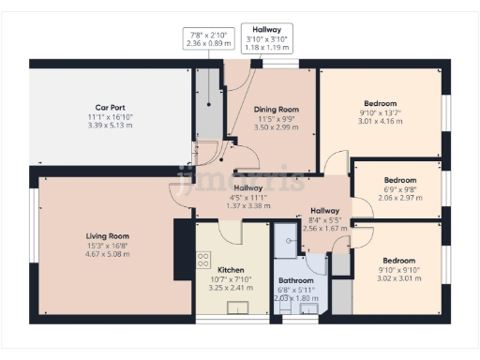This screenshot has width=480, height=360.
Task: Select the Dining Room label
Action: click(x=277, y=108)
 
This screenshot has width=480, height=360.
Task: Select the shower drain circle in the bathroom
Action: click(x=290, y=240)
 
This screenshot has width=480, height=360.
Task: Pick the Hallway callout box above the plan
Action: click(x=268, y=35)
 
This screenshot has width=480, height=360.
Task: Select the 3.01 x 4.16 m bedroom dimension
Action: click(x=381, y=121)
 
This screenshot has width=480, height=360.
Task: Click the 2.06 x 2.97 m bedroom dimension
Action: click(x=400, y=198)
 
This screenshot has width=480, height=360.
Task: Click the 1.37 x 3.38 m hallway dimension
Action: click(x=248, y=205)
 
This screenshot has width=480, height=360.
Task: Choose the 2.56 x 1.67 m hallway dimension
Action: click(x=324, y=228)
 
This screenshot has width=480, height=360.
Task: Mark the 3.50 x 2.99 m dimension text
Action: click(x=277, y=127)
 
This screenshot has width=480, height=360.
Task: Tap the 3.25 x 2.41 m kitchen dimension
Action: click(x=231, y=286)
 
